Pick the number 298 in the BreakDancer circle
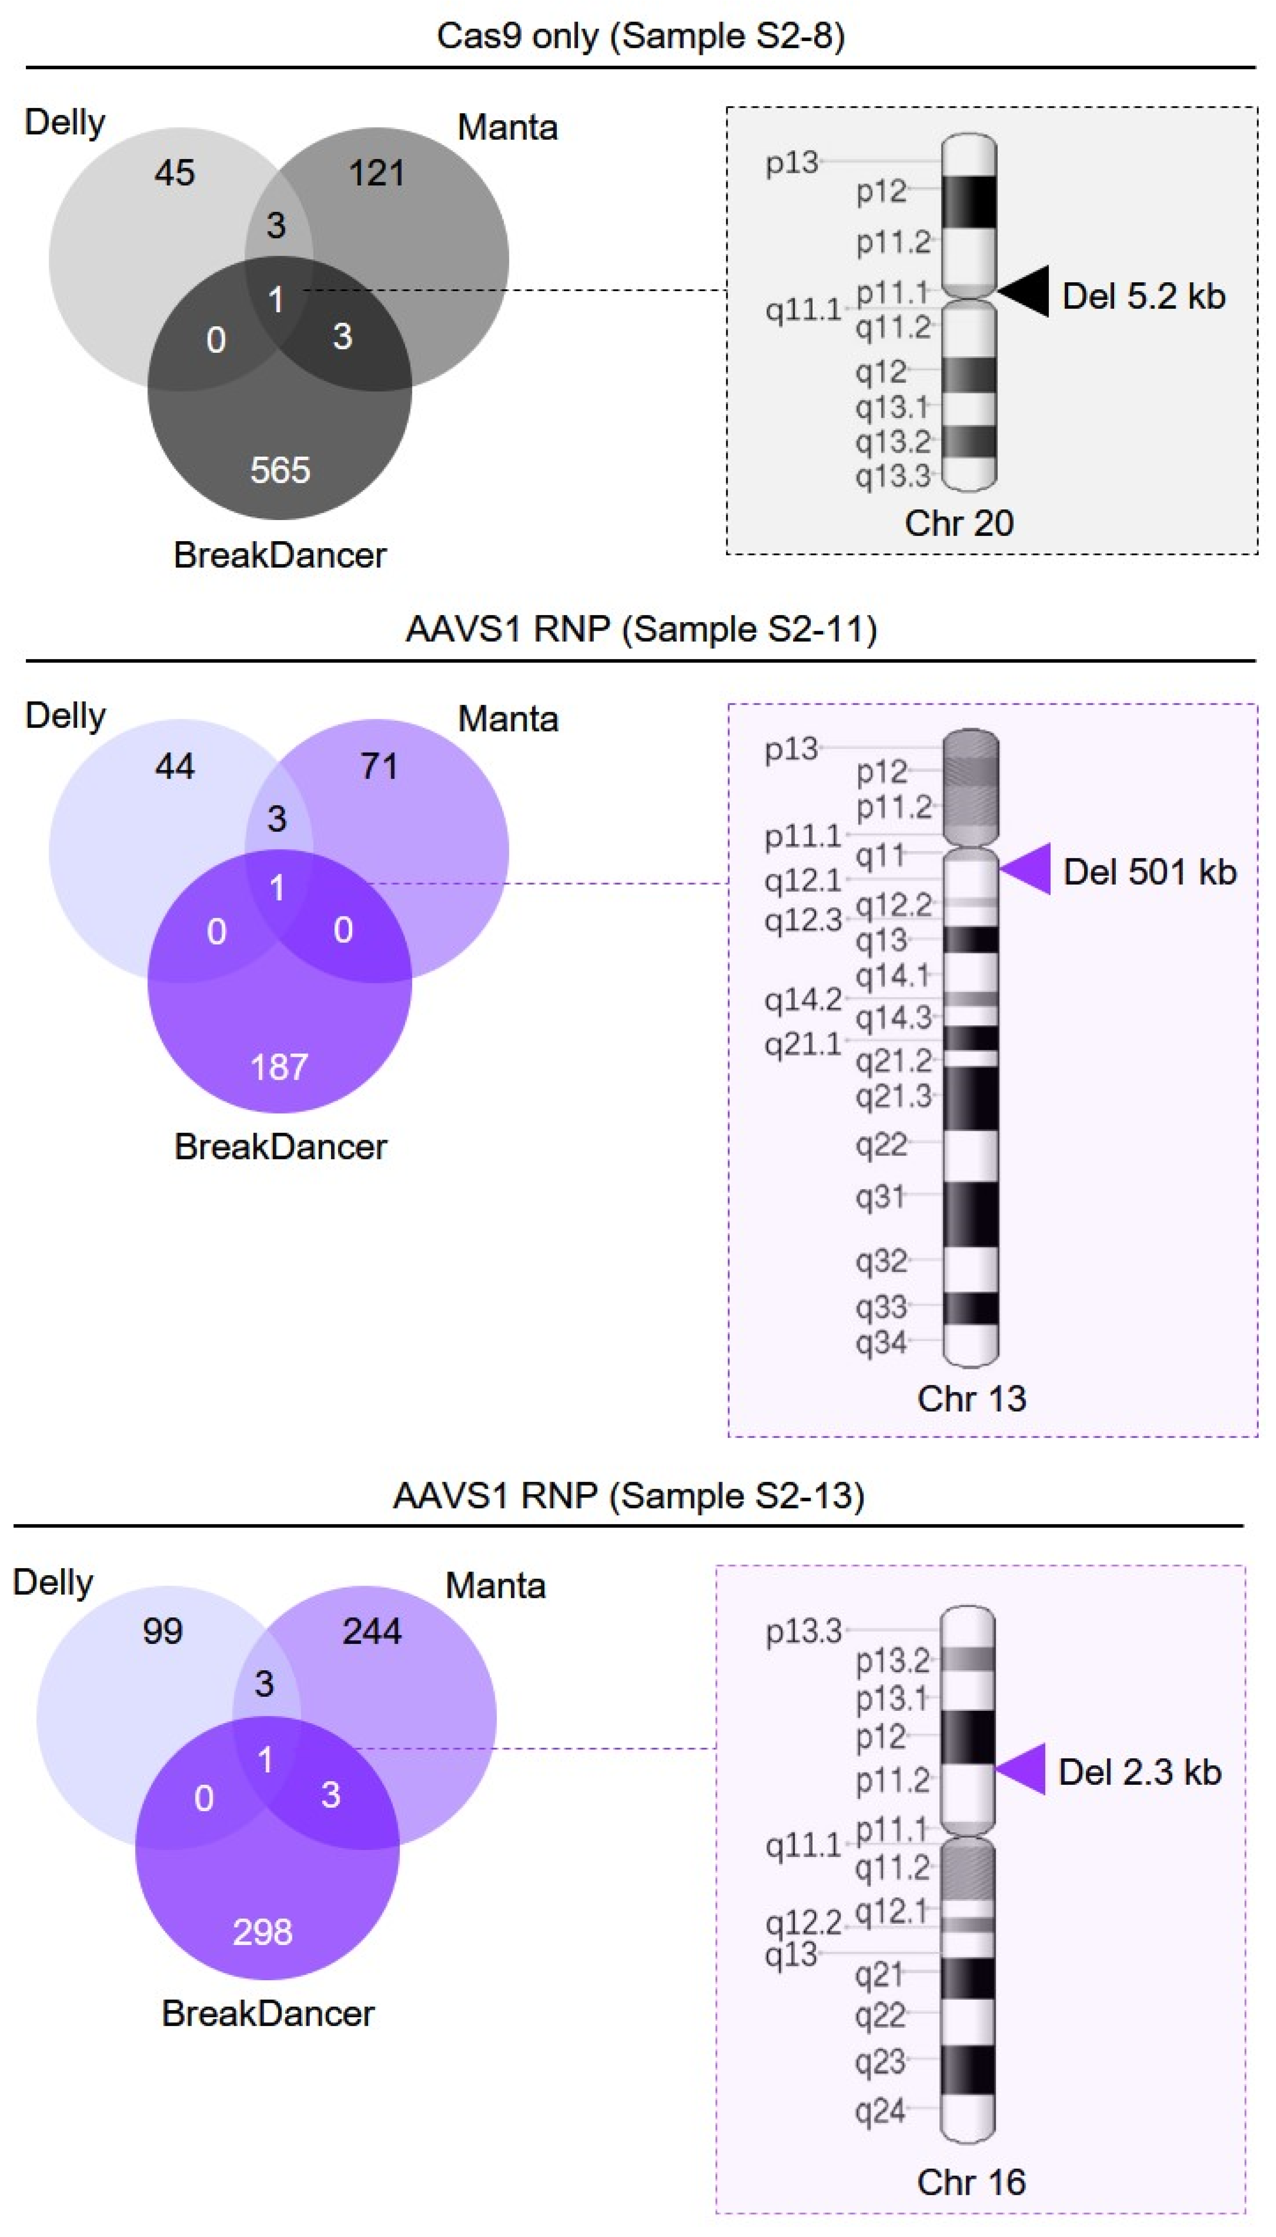pyautogui.click(x=262, y=1931)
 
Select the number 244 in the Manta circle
pyautogui.click(x=371, y=1631)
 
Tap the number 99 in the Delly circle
pyautogui.click(x=162, y=1631)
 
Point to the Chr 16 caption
pyautogui.click(x=971, y=2182)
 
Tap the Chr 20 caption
pyautogui.click(x=959, y=523)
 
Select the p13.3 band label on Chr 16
pyautogui.click(x=803, y=1631)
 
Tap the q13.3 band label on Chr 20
pyautogui.click(x=892, y=476)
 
